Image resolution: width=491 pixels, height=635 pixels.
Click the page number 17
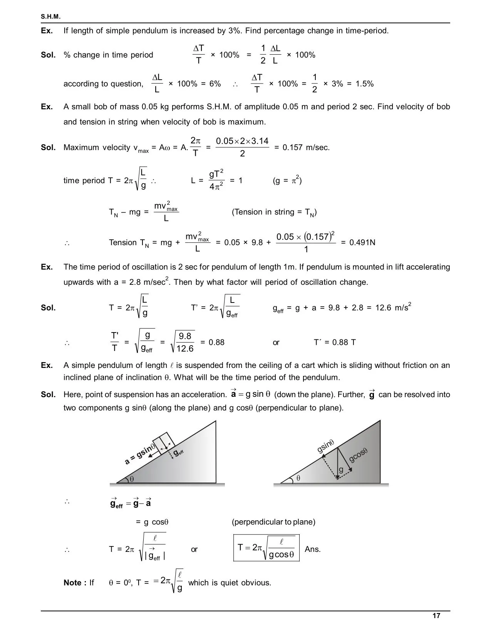[x=436, y=616]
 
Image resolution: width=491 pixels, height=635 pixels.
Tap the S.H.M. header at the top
[x=50, y=17]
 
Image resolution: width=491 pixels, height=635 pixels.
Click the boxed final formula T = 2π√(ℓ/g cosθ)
[x=266, y=548]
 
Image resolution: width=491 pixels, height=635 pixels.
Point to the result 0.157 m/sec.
[x=302, y=147]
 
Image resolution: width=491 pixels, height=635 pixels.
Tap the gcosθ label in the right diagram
[x=359, y=455]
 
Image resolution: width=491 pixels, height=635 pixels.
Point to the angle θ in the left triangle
[x=132, y=479]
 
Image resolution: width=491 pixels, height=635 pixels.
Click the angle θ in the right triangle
[x=298, y=478]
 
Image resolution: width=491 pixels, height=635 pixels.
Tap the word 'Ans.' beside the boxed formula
[x=313, y=549]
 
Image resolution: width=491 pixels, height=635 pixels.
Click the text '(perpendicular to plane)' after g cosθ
[x=273, y=522]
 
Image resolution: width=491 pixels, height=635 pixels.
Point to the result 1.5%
[x=364, y=84]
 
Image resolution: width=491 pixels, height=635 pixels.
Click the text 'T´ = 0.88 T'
[x=335, y=342]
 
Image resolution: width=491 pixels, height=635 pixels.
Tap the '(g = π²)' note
[x=287, y=180]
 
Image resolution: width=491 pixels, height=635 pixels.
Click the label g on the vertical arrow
[x=341, y=470]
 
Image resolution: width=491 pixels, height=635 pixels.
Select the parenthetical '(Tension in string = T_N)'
[x=274, y=212]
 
